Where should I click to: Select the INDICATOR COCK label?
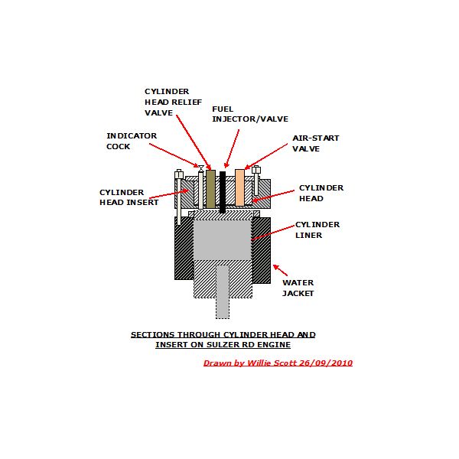pyautogui.click(x=132, y=141)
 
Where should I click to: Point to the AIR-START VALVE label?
pyautogui.click(x=315, y=143)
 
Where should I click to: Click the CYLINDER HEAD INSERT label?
pyautogui.click(x=129, y=197)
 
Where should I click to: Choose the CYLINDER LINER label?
pyautogui.click(x=317, y=229)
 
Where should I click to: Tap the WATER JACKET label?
pyautogui.click(x=298, y=288)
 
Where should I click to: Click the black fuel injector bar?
pyautogui.click(x=223, y=191)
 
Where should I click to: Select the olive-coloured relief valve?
pyautogui.click(x=210, y=187)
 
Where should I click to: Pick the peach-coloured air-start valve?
pyautogui.click(x=239, y=187)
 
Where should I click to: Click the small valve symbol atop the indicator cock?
pyautogui.click(x=200, y=168)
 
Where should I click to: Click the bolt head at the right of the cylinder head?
pyautogui.click(x=256, y=171)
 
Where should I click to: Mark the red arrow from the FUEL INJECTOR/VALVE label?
pyautogui.click(x=232, y=148)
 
